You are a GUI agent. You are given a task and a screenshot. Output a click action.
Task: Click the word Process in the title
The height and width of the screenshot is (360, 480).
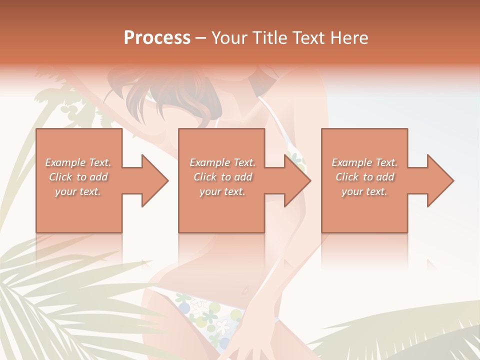(x=157, y=38)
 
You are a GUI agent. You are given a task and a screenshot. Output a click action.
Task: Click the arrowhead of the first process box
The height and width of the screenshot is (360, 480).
(x=155, y=180)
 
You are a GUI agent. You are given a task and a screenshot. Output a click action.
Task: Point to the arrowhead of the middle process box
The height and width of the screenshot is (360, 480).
(x=297, y=180)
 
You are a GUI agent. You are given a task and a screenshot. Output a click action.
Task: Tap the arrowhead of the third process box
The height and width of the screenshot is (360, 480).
(x=440, y=180)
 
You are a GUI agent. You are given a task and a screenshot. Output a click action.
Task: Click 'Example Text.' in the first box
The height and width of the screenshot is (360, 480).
(x=78, y=162)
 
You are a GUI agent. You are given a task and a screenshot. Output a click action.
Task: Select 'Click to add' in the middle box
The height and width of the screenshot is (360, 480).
(x=222, y=177)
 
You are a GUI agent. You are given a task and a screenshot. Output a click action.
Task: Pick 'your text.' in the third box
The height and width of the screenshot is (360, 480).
(x=364, y=191)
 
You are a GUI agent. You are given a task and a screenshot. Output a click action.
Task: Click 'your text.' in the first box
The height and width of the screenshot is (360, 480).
(x=78, y=191)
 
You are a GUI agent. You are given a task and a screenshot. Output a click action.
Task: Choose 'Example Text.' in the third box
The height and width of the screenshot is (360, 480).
(x=364, y=162)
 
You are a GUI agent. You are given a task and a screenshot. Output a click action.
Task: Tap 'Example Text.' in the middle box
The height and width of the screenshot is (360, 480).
(x=222, y=162)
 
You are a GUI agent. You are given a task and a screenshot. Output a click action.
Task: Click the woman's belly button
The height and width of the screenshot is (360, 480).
(x=244, y=290)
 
